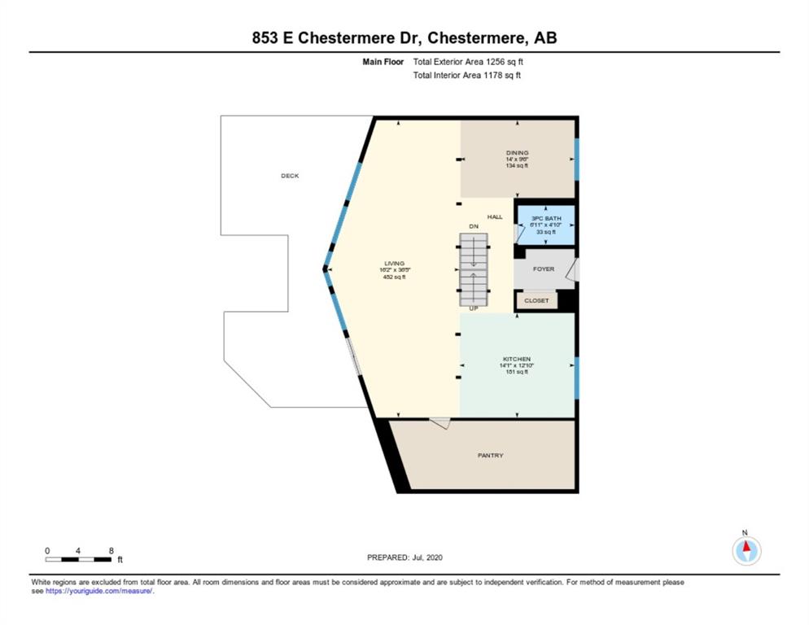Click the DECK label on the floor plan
(290, 176)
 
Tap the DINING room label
(517, 153)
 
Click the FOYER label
(543, 269)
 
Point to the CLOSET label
(536, 300)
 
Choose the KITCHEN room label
(517, 359)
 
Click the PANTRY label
(490, 455)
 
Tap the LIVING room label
(394, 263)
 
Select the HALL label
(495, 216)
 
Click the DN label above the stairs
(473, 225)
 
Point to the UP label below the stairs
(473, 308)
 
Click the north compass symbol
(746, 551)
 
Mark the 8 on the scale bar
(111, 551)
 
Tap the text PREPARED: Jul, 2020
(404, 557)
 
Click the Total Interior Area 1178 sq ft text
(467, 76)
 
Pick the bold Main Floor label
(383, 61)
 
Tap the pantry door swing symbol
(440, 422)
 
